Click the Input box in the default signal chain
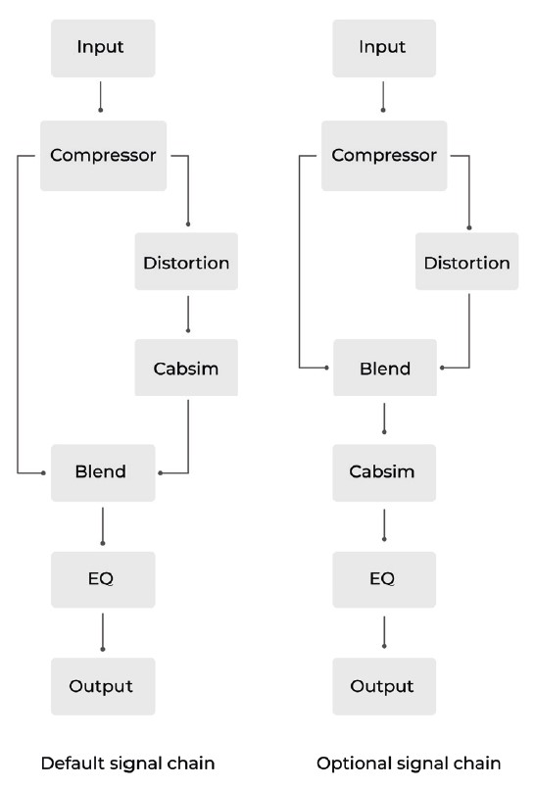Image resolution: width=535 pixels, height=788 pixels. pos(103,48)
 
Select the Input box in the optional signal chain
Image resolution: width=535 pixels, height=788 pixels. pos(384,48)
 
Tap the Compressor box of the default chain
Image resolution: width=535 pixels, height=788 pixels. pos(104,156)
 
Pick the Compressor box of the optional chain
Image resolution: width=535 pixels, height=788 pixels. pos(384,156)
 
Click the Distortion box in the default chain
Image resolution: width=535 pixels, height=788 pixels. pos(186,262)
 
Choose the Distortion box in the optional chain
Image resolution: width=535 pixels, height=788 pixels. pos(467,262)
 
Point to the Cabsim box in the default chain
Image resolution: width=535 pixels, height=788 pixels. pos(186,368)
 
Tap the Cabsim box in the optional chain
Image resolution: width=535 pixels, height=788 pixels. pos(384,473)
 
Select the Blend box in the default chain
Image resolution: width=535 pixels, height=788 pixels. pos(103,473)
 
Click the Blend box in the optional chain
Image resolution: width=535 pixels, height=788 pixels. pos(385,368)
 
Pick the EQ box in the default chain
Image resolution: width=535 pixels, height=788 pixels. pos(103,580)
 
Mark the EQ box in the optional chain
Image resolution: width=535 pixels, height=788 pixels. pos(384,580)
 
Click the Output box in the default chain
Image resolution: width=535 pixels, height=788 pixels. pos(103,686)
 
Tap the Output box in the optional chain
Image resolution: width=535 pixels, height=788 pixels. pos(384,686)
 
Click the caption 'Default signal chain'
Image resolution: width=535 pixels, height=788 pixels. pos(127,763)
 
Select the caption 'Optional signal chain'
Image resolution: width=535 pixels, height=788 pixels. pos(409,763)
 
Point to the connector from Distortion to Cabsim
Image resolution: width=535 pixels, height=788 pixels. pos(188,314)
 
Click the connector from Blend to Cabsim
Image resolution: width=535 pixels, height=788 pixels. pos(384,419)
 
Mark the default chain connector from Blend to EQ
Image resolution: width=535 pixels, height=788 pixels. pos(103,526)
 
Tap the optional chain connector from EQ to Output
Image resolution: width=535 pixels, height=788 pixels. pos(384,632)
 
